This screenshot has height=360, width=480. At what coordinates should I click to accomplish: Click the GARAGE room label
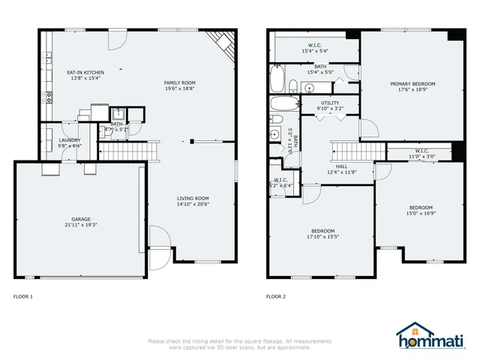tap(80, 220)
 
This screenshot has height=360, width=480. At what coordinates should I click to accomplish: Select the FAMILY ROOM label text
tap(180, 82)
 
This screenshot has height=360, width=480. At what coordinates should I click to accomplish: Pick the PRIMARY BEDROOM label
tap(412, 84)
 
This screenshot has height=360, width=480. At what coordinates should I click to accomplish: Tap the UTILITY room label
tap(330, 103)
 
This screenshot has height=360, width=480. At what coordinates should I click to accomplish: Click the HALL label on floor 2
tap(341, 166)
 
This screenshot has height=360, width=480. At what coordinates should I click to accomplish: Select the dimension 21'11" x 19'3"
tap(80, 225)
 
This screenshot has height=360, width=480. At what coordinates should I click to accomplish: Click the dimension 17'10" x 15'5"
tap(323, 236)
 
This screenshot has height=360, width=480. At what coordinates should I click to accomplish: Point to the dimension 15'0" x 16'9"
tap(420, 213)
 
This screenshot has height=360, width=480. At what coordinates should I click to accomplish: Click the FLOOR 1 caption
tap(23, 296)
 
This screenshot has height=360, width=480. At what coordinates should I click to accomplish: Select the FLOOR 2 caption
tap(276, 296)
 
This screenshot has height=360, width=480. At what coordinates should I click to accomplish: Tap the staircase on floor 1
tap(130, 152)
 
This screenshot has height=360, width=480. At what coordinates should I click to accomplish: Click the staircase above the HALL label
tap(346, 150)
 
